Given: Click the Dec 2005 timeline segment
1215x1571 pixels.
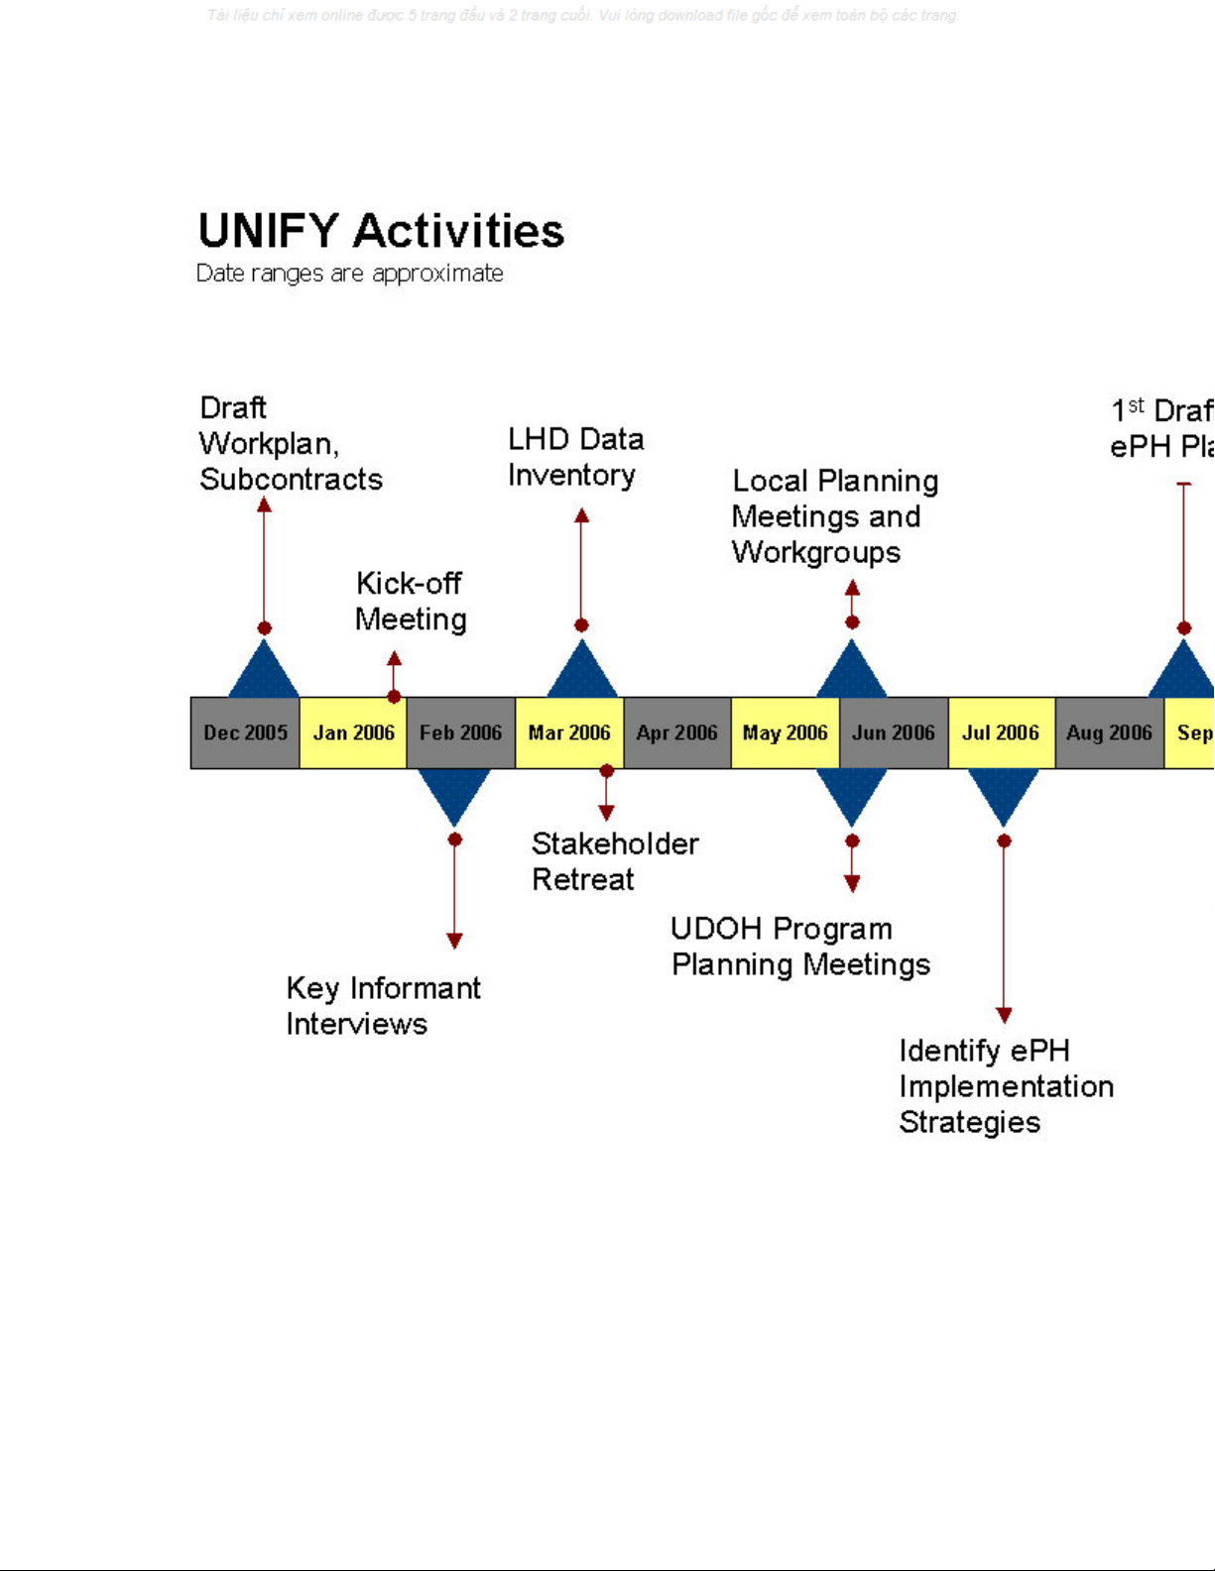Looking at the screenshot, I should pos(245,733).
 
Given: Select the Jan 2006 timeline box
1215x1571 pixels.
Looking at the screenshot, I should pos(353,733).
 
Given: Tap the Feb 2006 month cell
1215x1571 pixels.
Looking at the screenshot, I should pos(461,733).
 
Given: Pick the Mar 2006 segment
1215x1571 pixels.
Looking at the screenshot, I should pos(569,733).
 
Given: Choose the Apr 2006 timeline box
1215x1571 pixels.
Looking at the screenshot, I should pos(677,733).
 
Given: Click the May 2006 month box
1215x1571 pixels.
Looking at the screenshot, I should pos(786,733).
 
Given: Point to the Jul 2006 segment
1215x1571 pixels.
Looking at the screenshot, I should pos(1002,733).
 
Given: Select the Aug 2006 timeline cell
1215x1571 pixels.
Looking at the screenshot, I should pos(1110,733).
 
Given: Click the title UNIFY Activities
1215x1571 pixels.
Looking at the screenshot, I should pos(381,231).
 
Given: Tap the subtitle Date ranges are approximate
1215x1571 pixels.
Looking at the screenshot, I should pos(349,274).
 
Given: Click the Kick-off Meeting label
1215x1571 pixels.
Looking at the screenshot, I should pos(411,602).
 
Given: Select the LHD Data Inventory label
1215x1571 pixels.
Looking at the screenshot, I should pos(575,457).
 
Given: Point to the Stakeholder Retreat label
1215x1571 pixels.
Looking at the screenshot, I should pos(615,861).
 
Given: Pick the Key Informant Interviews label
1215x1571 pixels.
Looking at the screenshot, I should pos(383,1006).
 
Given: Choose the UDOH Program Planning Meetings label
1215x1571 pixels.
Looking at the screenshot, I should pos(800,947).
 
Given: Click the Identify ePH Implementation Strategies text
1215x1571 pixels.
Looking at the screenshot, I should pos(1006,1086).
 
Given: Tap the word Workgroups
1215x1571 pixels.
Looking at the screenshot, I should pos(816,552).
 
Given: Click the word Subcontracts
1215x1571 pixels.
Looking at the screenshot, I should pos(291,480).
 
